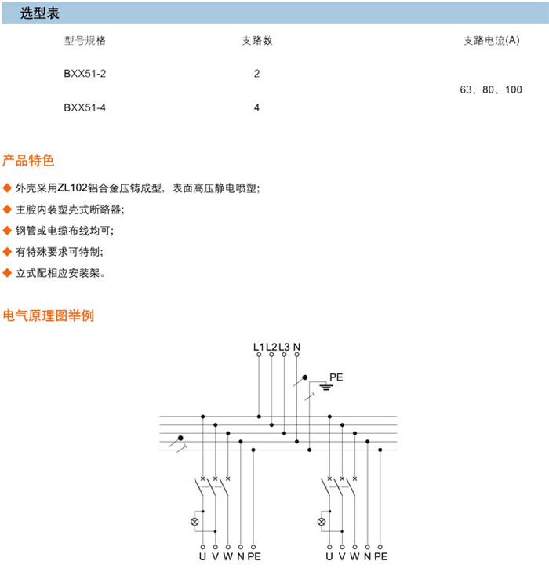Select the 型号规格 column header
(x=85, y=41)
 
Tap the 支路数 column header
(x=256, y=41)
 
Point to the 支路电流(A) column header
(x=491, y=41)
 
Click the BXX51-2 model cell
(x=85, y=75)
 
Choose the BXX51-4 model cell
(x=85, y=108)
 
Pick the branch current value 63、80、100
(x=491, y=90)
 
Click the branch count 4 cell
(x=256, y=108)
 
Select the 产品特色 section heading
(x=28, y=162)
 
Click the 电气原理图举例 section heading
(x=49, y=316)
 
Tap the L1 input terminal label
(x=260, y=346)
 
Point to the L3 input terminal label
(x=284, y=346)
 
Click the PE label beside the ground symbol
(x=336, y=377)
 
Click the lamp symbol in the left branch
(x=195, y=522)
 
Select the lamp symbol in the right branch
(x=322, y=522)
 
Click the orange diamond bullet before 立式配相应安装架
(x=8, y=274)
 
